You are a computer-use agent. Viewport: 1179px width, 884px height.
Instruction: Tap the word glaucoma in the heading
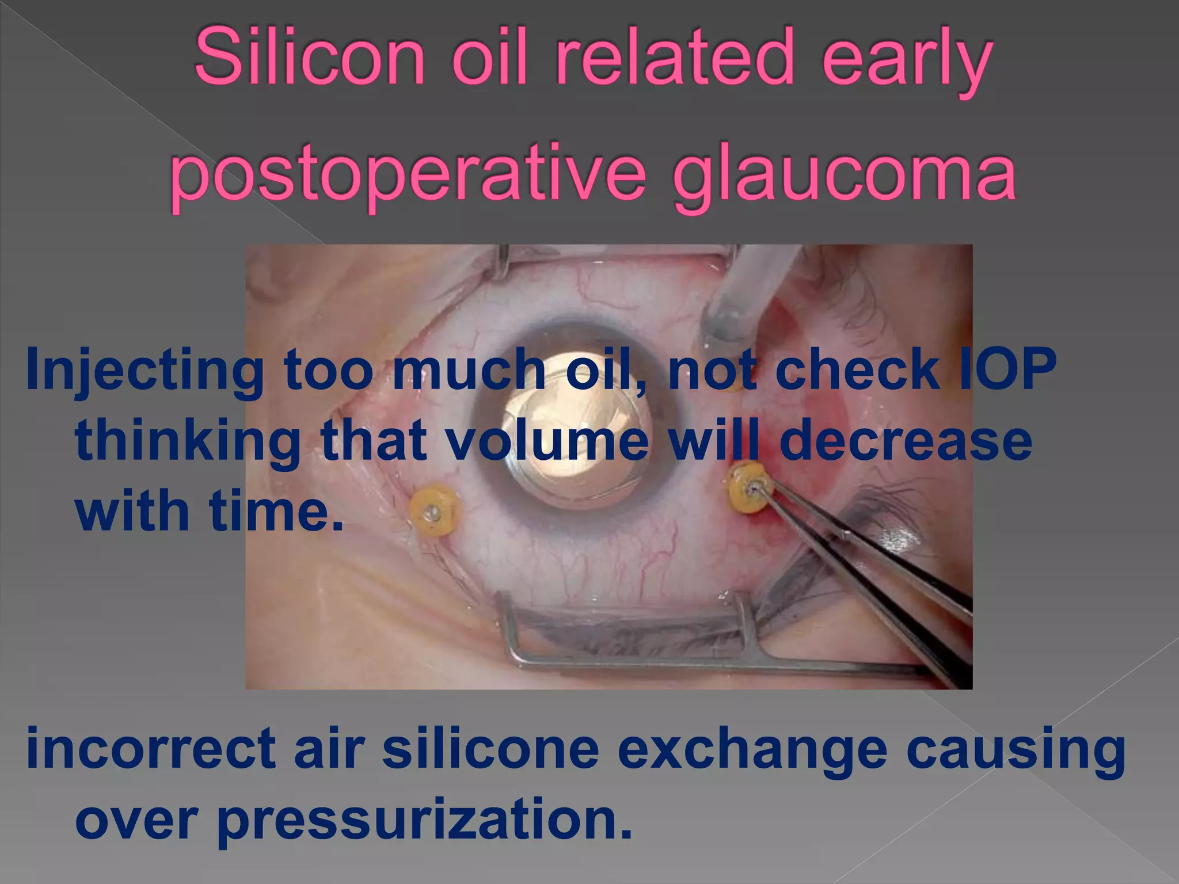[x=844, y=173]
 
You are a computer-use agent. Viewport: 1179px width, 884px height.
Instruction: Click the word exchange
[x=752, y=748]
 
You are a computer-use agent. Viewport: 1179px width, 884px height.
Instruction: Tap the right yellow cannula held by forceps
[x=750, y=488]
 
